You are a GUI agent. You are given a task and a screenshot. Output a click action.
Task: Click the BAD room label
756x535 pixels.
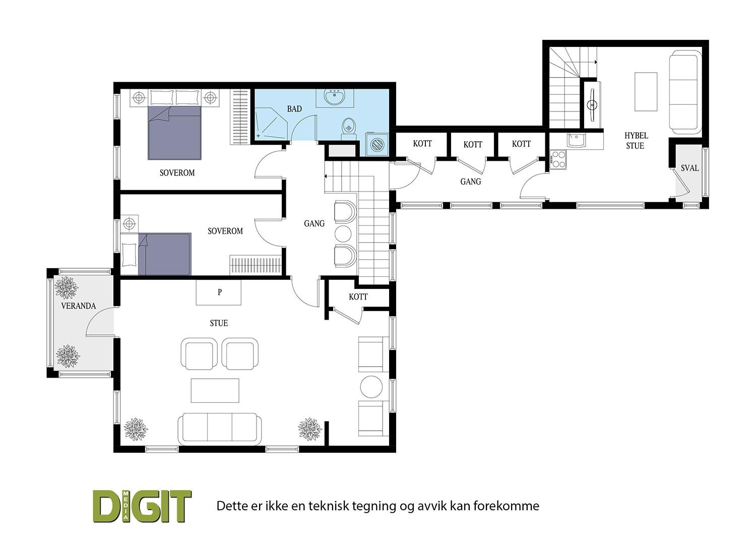coord(294,109)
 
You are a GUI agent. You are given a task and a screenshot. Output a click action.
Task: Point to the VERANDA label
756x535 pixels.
coord(78,306)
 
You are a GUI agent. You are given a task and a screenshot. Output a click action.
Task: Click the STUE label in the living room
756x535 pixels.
coord(219,323)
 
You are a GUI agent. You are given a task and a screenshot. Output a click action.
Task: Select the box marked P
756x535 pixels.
coord(219,292)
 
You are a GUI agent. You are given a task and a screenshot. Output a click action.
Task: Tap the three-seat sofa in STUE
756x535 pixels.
coord(219,429)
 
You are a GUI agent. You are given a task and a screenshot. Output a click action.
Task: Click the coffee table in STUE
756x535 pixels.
coord(215,390)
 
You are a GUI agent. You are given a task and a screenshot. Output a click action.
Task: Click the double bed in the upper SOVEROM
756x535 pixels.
coord(174,132)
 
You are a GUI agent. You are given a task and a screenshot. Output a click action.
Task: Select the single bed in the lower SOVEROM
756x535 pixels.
coord(165,254)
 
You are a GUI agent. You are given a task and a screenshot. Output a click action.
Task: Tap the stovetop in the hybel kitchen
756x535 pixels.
coord(558,159)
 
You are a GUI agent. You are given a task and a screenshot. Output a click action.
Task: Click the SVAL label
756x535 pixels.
coord(689,168)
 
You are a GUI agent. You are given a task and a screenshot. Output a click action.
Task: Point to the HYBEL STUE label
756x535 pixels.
coord(636,141)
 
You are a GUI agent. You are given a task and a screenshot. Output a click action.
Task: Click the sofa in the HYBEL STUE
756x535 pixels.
coord(684,93)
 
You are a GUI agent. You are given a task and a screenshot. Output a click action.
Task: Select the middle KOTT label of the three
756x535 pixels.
coord(473,145)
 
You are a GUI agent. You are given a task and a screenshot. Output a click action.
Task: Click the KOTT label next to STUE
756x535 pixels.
coord(358,297)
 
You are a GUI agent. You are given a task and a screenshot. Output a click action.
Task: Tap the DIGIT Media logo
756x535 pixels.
coord(143,505)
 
